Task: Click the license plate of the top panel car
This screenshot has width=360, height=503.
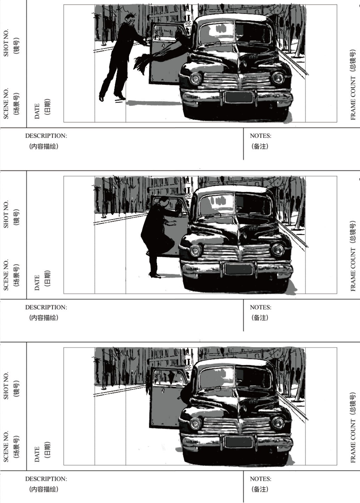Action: coord(239,97)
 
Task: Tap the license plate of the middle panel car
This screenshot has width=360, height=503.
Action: coord(239,268)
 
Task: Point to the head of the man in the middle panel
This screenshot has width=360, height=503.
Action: coord(164,201)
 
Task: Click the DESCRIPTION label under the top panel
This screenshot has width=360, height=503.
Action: coord(46,136)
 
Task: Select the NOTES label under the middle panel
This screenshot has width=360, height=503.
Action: coord(261,307)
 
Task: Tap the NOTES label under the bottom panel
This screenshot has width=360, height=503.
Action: coord(261,479)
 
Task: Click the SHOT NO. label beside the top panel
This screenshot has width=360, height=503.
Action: coord(6,42)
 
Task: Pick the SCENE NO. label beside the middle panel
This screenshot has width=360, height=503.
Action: coord(6,275)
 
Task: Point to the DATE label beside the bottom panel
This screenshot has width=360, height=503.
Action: coord(37,454)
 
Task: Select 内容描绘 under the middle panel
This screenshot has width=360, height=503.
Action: coord(44,318)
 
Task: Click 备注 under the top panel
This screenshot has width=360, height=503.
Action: coord(260,147)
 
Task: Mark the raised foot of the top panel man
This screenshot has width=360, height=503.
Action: coord(102,98)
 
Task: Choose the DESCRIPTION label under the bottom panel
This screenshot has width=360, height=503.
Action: coord(46,479)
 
